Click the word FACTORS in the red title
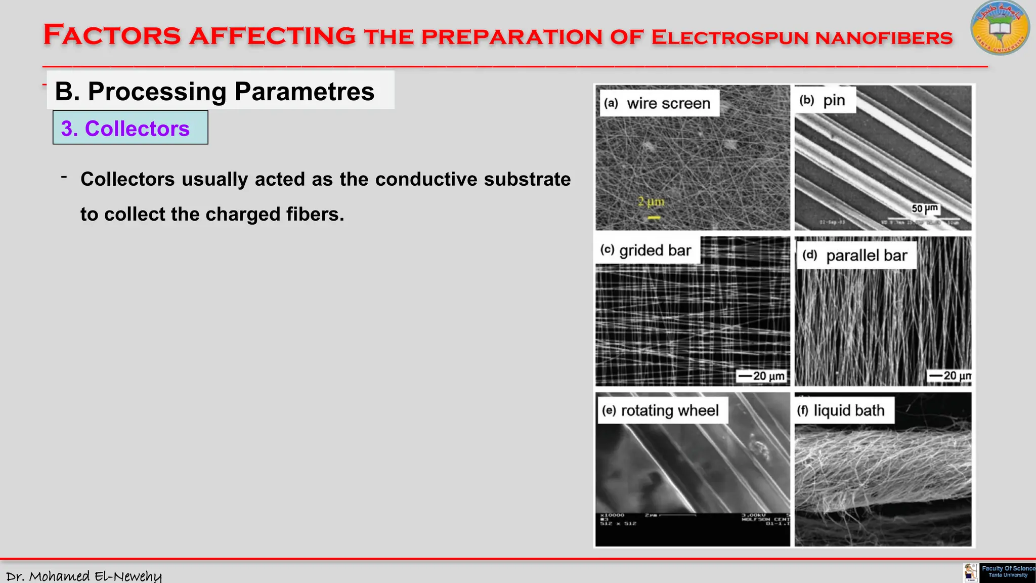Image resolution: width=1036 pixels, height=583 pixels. click(112, 35)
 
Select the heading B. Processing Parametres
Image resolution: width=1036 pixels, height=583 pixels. click(214, 92)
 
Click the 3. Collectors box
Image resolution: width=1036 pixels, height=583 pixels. click(130, 128)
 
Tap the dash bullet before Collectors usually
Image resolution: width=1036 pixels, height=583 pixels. click(64, 177)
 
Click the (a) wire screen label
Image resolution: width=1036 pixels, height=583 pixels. click(659, 103)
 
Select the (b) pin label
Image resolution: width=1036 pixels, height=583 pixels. click(824, 100)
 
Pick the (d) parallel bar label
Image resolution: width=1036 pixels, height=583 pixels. click(856, 256)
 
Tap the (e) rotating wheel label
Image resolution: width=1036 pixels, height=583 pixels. click(661, 410)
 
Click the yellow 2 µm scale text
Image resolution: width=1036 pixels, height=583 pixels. click(651, 201)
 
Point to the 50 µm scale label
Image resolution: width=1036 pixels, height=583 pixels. click(925, 209)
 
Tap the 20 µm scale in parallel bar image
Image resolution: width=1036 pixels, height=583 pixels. click(950, 376)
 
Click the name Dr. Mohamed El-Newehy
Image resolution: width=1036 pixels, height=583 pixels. click(84, 576)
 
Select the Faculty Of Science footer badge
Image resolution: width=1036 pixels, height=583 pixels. click(1007, 572)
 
